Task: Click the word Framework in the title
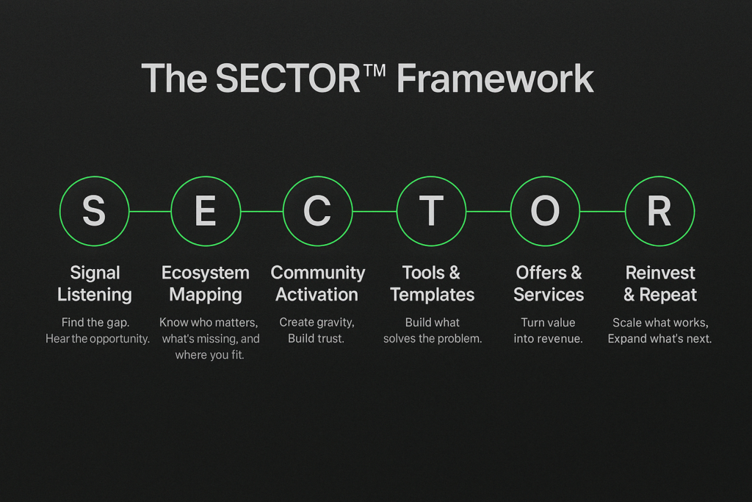pos(495,78)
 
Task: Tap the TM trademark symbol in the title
pos(375,71)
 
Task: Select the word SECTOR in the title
pos(288,78)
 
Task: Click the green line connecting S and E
pos(150,211)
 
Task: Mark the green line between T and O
pos(488,211)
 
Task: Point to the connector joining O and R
pos(602,211)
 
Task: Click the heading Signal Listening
pos(95,284)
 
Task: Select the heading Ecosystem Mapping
pos(206,284)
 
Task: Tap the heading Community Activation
pos(317,284)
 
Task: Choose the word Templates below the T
pos(432,295)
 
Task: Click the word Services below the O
pos(549,295)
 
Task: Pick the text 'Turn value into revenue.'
pos(548,330)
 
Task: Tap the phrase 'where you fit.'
pos(209,355)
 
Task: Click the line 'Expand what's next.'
pos(659,338)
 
